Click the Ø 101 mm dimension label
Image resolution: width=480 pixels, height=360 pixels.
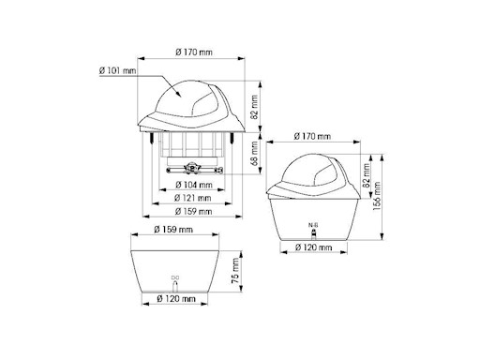pyautogui.click(x=117, y=70)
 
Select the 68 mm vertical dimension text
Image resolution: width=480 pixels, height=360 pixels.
pyautogui.click(x=255, y=154)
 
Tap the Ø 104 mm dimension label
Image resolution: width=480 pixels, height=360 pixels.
pyautogui.click(x=194, y=185)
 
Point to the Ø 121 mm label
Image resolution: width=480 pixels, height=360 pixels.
pyautogui.click(x=193, y=198)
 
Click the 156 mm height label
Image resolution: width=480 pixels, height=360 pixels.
pyautogui.click(x=377, y=196)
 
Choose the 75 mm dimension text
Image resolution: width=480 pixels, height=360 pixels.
pyautogui.click(x=235, y=271)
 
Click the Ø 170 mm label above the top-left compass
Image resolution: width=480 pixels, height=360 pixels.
pyautogui.click(x=194, y=52)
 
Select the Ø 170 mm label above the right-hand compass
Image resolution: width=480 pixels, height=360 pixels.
pyautogui.click(x=312, y=136)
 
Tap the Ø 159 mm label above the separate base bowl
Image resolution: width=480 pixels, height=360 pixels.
pyautogui.click(x=173, y=230)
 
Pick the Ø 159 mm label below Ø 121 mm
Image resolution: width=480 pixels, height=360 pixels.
pyautogui.click(x=193, y=211)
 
